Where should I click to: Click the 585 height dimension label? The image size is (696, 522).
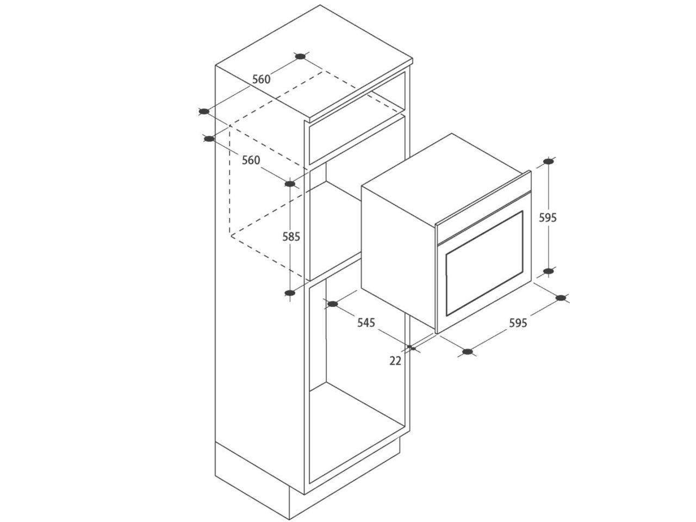click(291, 237)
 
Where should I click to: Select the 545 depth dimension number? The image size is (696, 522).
click(366, 322)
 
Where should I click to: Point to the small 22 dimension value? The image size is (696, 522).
click(395, 360)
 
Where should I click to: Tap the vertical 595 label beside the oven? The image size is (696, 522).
click(548, 217)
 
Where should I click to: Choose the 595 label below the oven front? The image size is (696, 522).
click(518, 322)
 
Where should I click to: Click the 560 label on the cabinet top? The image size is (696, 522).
click(261, 79)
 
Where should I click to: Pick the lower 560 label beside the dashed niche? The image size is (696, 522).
click(251, 160)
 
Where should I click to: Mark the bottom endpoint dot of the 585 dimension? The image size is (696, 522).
click(290, 293)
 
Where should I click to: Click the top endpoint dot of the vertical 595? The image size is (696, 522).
click(549, 161)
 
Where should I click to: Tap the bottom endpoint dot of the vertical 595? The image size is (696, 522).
click(549, 271)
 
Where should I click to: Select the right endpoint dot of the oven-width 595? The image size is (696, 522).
click(562, 297)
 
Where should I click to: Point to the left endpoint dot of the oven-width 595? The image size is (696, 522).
click(467, 352)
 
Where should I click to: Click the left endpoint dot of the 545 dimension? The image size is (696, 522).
click(332, 304)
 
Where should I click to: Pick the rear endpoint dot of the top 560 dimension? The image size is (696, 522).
click(300, 56)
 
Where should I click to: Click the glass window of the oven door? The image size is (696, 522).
click(484, 264)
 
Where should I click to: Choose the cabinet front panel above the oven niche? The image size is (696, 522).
click(356, 139)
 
